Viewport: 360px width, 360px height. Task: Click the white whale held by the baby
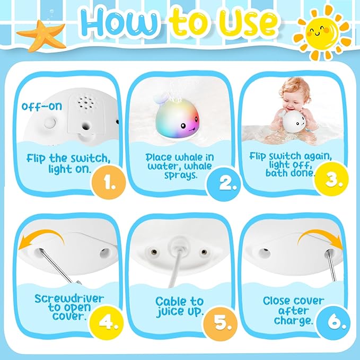coord(297,122)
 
